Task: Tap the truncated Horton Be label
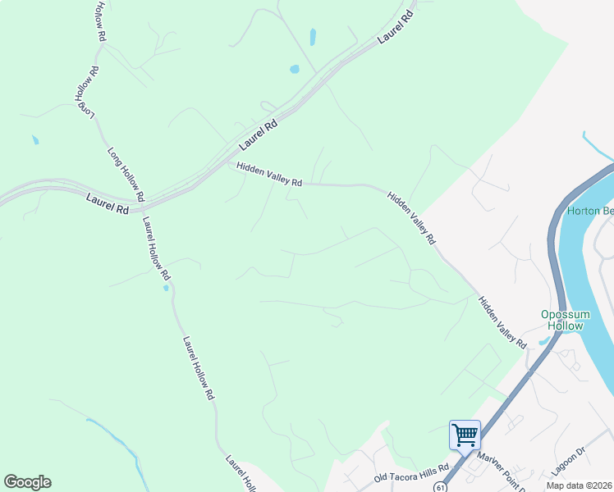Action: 589,211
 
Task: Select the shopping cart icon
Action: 465,434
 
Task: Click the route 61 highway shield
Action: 441,485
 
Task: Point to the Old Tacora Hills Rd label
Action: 411,473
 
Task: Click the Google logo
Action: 27,482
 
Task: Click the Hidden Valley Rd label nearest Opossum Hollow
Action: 502,321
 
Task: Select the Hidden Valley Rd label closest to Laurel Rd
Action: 269,175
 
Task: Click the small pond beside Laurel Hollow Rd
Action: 166,288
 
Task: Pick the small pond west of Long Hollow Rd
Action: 35,140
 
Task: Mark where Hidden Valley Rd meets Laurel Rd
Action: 227,161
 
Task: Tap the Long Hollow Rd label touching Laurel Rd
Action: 126,175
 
